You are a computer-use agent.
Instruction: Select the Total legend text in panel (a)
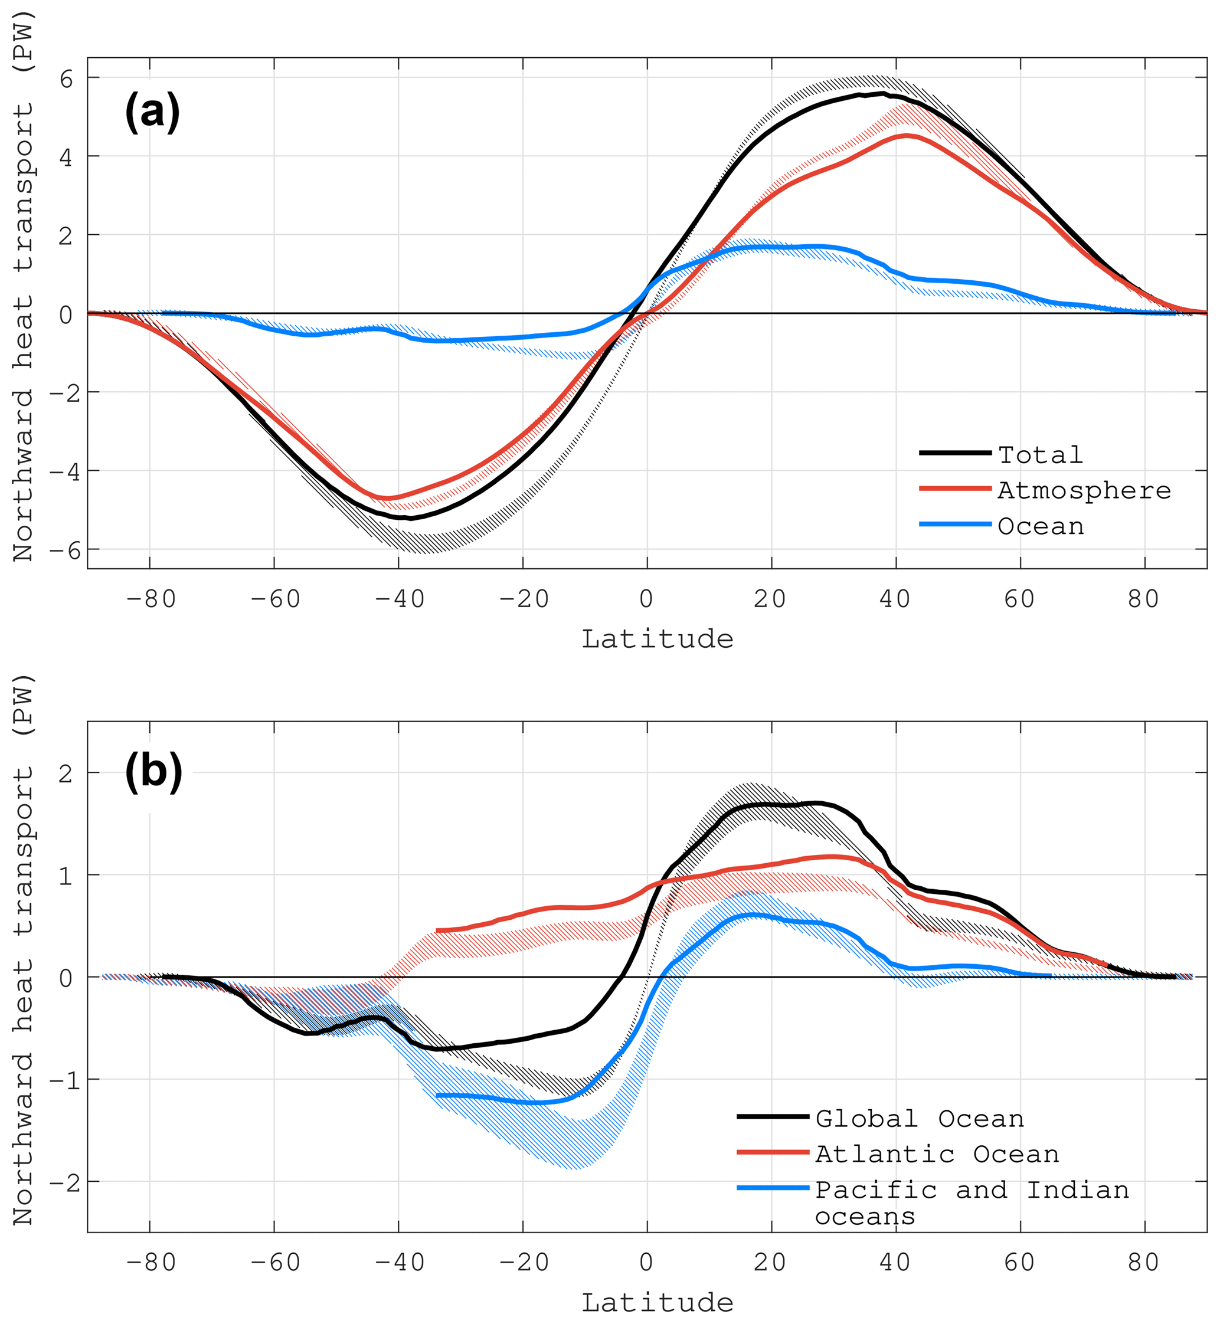point(1041,455)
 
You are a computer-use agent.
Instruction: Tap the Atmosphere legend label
point(1084,490)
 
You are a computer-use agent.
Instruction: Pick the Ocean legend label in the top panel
point(1041,526)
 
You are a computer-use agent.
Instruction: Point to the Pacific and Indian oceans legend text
point(972,1202)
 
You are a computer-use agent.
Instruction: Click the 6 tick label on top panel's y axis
point(66,79)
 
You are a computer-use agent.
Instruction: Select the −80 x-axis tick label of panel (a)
point(151,599)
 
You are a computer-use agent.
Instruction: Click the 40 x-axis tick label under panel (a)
point(895,599)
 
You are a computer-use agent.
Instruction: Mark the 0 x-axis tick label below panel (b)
point(646,1263)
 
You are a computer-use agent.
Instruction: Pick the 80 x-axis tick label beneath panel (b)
point(1143,1263)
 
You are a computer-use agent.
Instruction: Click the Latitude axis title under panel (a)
point(657,639)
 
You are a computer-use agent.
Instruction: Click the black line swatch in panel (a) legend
point(954,453)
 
